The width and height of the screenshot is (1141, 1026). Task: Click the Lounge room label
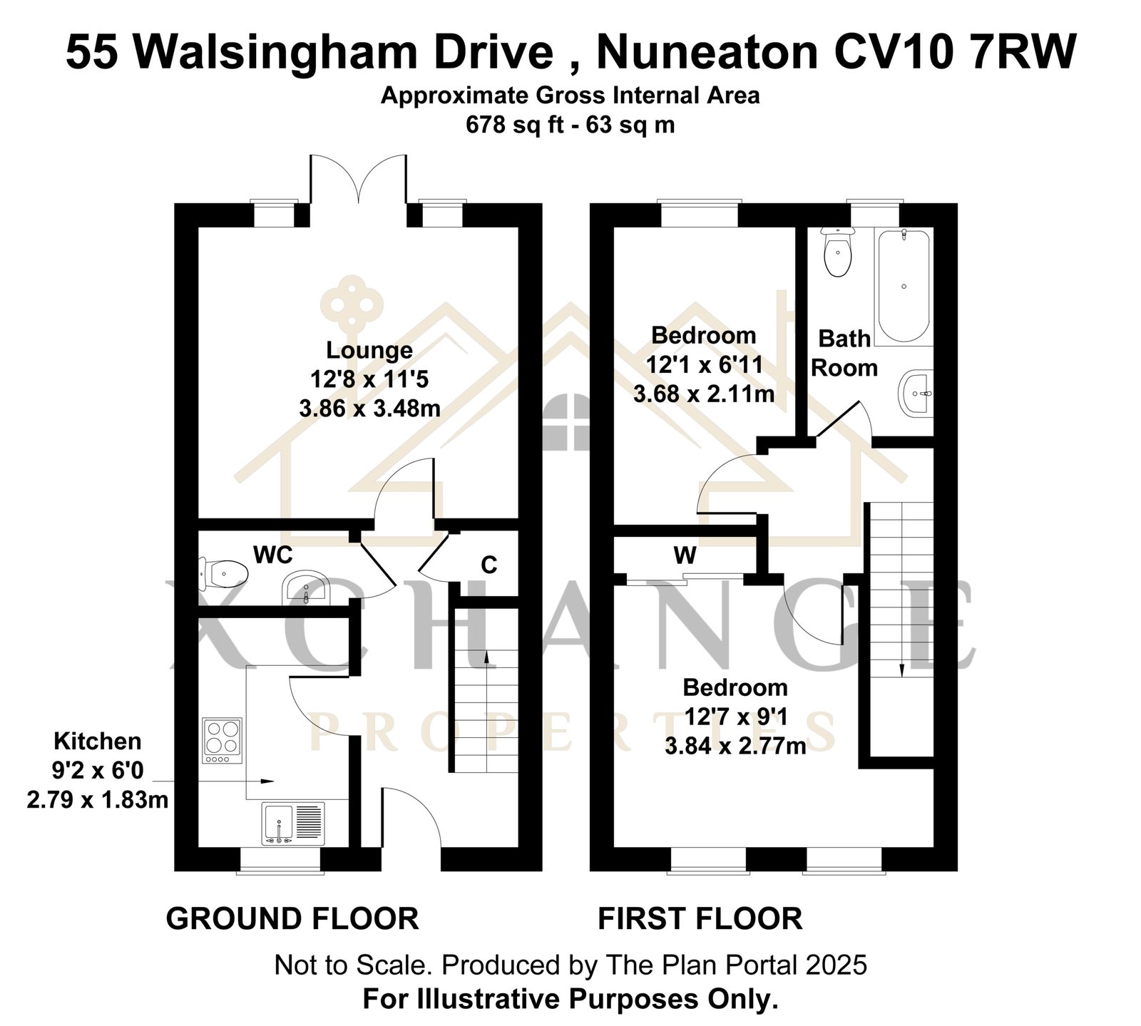pyautogui.click(x=369, y=350)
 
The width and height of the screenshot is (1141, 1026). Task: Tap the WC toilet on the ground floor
pyautogui.click(x=223, y=573)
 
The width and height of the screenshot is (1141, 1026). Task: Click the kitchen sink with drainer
pyautogui.click(x=293, y=824)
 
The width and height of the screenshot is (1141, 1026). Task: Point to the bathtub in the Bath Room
pyautogui.click(x=904, y=287)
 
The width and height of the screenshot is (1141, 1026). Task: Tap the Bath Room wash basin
pyautogui.click(x=916, y=393)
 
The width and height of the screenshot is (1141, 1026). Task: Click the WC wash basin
pyautogui.click(x=306, y=588)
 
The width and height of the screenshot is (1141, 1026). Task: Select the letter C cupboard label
pyautogui.click(x=488, y=565)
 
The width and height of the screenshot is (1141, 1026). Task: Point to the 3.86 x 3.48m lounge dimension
pyautogui.click(x=369, y=409)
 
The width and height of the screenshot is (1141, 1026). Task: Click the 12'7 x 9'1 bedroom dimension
pyautogui.click(x=735, y=717)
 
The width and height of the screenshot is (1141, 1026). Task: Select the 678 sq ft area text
pyautogui.click(x=516, y=125)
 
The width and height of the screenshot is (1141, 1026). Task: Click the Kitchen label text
pyautogui.click(x=98, y=742)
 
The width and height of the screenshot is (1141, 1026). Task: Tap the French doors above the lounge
pyautogui.click(x=358, y=182)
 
